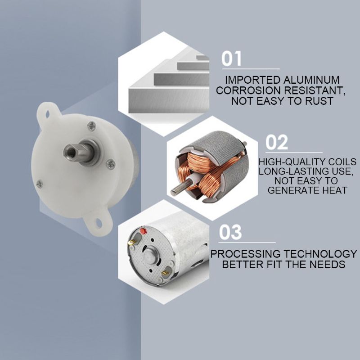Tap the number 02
[276, 142]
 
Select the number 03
[230, 233]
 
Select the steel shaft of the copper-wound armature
[176, 189]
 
